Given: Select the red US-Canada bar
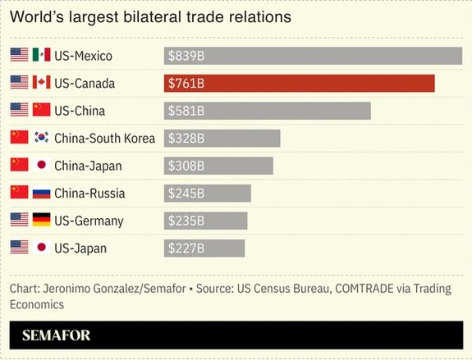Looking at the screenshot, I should point(299,84).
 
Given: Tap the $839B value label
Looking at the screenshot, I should point(186,56).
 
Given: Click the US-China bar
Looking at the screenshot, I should point(268,111).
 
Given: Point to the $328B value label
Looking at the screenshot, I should point(186,139).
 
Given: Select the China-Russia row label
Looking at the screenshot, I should point(89,194).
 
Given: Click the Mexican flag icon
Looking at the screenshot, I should point(41,56).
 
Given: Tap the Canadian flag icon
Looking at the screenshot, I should point(41,84).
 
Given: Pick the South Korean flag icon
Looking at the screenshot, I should point(41,139).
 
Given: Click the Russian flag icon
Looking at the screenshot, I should point(41,194).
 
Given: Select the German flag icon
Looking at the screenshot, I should point(41,221).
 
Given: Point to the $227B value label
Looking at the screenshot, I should point(186,248).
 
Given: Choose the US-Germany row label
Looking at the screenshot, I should point(89,221).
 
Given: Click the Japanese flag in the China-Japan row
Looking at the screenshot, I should point(41,166).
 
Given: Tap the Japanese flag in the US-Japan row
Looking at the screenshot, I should point(41,248).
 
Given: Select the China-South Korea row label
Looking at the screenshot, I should point(104,139).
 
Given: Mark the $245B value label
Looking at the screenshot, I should point(186,194).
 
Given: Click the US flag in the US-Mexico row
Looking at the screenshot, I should point(19,56).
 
